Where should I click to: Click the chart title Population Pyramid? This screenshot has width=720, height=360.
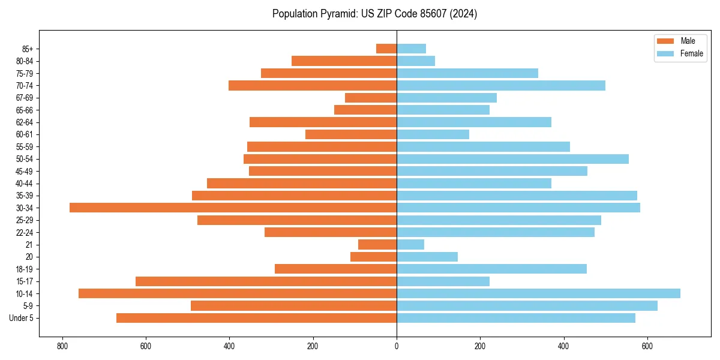(374, 14)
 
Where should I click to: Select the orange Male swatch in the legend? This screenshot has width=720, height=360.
(665, 41)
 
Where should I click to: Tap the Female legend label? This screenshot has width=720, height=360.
(691, 53)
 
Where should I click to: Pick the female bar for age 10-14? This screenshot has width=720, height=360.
(538, 293)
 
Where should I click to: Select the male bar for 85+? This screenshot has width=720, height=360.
(386, 49)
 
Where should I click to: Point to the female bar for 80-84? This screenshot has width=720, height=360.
(416, 61)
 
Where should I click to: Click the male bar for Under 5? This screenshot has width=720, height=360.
(256, 318)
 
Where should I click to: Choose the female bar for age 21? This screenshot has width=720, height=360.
(410, 244)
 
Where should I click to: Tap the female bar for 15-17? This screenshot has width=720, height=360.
(443, 281)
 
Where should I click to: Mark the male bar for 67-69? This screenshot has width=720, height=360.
(371, 98)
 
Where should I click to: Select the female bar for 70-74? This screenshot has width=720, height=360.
(501, 85)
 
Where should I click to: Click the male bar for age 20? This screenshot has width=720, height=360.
(373, 257)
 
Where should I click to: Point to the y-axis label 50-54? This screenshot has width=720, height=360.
(25, 159)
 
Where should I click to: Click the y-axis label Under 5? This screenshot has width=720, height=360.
(22, 318)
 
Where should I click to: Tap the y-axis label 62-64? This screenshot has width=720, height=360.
(25, 122)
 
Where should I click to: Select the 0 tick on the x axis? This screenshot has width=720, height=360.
(397, 346)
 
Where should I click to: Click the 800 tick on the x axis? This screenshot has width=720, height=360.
(62, 346)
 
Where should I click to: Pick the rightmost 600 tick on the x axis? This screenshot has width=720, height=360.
(647, 346)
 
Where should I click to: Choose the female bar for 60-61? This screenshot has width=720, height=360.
(433, 134)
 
